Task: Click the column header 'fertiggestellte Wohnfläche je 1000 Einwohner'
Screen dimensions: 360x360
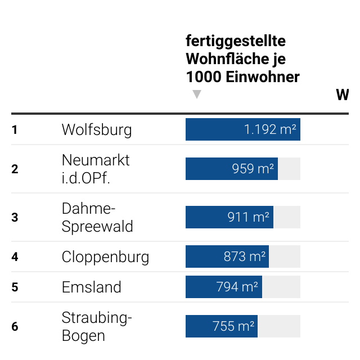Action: coord(242,58)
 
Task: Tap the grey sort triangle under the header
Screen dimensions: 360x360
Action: coord(196,94)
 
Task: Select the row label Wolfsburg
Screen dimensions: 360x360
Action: coord(97,130)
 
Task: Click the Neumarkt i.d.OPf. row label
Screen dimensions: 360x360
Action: coord(96,169)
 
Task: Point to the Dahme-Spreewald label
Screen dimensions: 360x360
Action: coord(97,218)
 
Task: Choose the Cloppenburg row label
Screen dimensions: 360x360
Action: coord(105,257)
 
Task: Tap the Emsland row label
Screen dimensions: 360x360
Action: coord(92,287)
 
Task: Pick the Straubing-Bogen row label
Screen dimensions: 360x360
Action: coord(97,327)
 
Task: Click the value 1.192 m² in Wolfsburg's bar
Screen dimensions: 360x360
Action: coord(270,130)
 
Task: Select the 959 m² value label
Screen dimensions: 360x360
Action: coord(253,169)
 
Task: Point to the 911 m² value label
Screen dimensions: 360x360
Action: coord(248,217)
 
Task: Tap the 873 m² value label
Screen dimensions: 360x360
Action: coord(244,257)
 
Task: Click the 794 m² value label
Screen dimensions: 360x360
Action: coord(237,287)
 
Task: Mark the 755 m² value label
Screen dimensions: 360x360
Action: coord(233,326)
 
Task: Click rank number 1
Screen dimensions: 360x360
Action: coord(15,130)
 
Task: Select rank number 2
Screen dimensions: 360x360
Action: coord(15,169)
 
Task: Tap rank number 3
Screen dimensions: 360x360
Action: coord(15,218)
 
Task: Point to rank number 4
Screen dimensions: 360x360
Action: coord(15,257)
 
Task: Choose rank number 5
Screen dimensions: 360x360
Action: coord(15,287)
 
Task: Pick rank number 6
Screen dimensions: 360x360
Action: coord(15,327)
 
